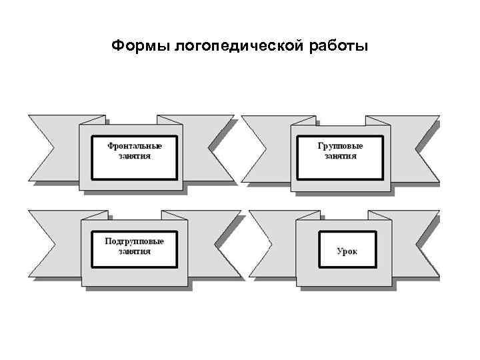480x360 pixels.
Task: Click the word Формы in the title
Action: point(140,47)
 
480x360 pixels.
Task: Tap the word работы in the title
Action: point(339,47)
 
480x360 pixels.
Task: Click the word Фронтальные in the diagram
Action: point(135,145)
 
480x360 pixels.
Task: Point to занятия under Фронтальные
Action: point(135,156)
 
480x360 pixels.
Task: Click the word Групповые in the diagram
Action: point(341,145)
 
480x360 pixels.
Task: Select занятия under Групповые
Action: point(341,156)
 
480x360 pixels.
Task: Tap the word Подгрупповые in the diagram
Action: point(135,240)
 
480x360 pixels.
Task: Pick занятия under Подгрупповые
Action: point(135,251)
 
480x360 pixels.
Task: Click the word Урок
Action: point(347,252)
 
